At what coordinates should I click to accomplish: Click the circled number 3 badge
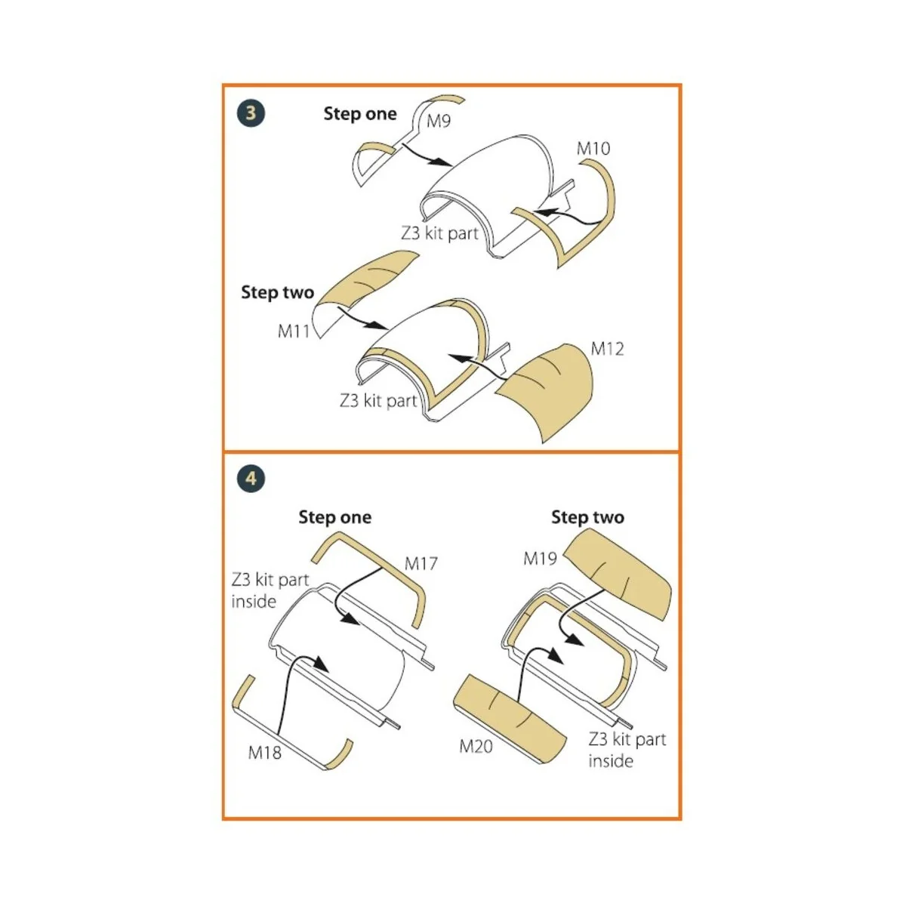pyautogui.click(x=251, y=113)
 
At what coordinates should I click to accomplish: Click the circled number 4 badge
pyautogui.click(x=251, y=479)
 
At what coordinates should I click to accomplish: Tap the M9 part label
pyautogui.click(x=438, y=121)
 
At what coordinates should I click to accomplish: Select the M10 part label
pyautogui.click(x=593, y=149)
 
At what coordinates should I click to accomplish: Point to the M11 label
pyautogui.click(x=294, y=331)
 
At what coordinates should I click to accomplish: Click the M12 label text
pyautogui.click(x=607, y=349)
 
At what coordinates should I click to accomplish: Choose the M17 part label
pyautogui.click(x=421, y=563)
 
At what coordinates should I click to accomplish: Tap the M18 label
pyautogui.click(x=264, y=753)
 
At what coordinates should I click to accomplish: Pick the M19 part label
pyautogui.click(x=540, y=559)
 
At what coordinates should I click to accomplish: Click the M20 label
pyautogui.click(x=476, y=746)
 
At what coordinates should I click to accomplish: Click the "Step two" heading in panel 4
pyautogui.click(x=587, y=517)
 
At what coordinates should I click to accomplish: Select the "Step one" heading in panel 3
pyautogui.click(x=360, y=114)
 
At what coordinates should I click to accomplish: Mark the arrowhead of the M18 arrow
pyautogui.click(x=321, y=664)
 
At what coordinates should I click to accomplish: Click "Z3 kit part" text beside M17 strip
pyautogui.click(x=270, y=579)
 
